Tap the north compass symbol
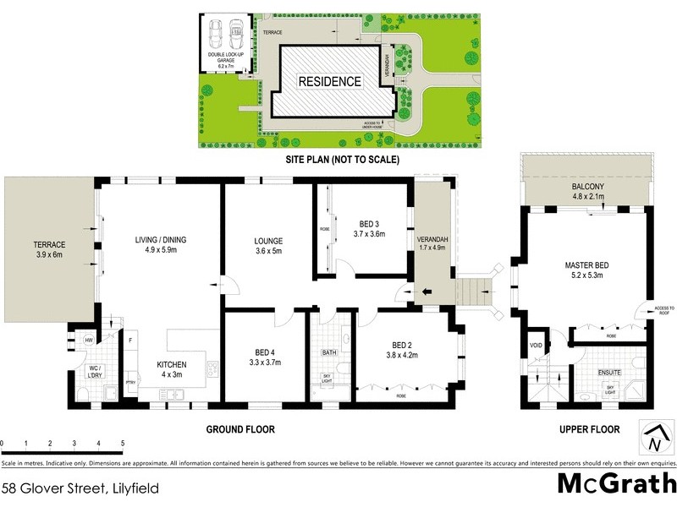pos(653,438)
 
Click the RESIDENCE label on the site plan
pos(329,82)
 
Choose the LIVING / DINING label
pos(160,245)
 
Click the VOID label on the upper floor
pos(535,345)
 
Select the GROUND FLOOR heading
pos(240,429)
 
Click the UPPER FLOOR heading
pos(589,429)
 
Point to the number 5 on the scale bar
pos(123,443)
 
